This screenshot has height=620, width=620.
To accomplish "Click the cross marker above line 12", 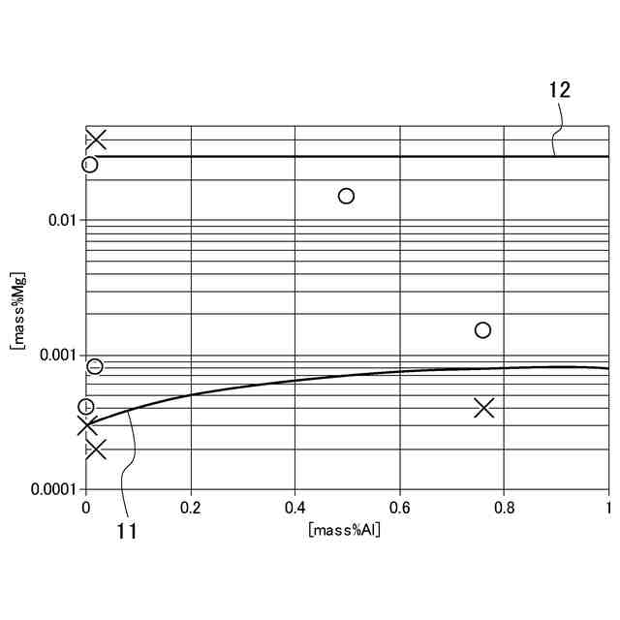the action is click(x=95, y=139).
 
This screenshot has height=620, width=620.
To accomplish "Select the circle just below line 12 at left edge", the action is click(x=89, y=165).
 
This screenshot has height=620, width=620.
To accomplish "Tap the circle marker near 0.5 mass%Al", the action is click(x=346, y=196).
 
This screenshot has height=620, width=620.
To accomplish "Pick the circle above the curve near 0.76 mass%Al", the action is click(x=482, y=330).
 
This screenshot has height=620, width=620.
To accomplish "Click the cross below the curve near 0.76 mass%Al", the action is click(x=484, y=408).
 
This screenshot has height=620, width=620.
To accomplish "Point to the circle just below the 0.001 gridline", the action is click(x=95, y=366).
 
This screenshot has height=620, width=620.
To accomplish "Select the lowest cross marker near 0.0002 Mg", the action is click(x=95, y=449).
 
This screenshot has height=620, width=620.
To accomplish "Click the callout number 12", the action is click(x=560, y=91).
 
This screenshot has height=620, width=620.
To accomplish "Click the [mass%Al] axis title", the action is click(x=344, y=529).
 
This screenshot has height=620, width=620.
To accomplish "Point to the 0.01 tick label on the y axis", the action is click(x=61, y=220).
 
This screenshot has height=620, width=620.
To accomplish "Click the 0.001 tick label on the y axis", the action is click(x=57, y=356).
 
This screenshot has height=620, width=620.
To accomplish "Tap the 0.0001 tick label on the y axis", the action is click(x=53, y=491).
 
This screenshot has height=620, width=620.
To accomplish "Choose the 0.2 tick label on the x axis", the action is click(x=191, y=507).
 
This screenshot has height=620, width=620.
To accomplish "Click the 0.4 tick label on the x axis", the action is click(x=295, y=507).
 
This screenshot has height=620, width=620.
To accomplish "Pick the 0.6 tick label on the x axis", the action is click(x=400, y=507).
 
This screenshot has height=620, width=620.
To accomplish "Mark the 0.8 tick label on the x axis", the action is click(x=505, y=507).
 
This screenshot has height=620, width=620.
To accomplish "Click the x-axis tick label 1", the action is click(x=608, y=507).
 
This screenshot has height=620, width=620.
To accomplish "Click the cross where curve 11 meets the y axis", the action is click(x=87, y=423).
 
